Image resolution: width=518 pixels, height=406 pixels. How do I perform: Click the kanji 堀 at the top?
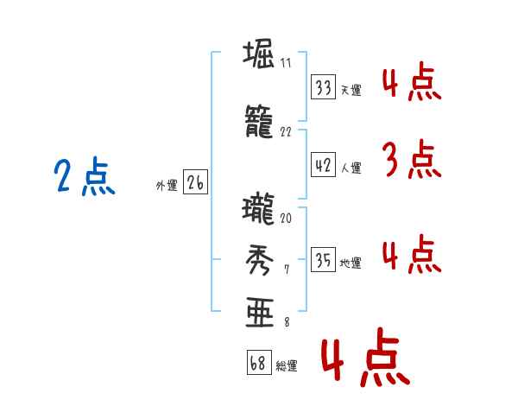[x=258, y=54]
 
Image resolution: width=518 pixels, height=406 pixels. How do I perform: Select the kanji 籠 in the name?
[x=259, y=121]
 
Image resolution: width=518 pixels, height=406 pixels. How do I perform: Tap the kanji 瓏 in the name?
[x=258, y=209]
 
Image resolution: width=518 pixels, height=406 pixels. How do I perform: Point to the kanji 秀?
[x=260, y=260]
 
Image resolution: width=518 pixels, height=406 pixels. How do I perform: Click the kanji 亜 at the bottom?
[x=260, y=312]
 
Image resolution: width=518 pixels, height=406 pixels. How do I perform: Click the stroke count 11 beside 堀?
[x=286, y=63]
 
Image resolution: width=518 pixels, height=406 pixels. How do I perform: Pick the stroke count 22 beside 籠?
[x=286, y=132]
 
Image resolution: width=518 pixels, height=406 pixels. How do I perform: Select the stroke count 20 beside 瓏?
[x=286, y=219]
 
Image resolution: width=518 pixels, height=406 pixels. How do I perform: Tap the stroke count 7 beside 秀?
[x=287, y=270]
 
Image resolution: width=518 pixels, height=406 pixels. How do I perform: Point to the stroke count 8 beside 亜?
[x=287, y=321]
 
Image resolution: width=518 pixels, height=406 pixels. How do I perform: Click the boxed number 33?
[x=324, y=87]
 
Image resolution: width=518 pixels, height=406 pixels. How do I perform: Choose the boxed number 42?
[x=324, y=165]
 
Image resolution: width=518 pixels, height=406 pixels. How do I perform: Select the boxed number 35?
[x=324, y=259]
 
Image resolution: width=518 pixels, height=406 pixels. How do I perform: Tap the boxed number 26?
[x=196, y=182]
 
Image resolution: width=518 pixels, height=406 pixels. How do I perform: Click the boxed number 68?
[x=259, y=363]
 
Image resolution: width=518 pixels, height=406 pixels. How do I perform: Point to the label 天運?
[x=351, y=90]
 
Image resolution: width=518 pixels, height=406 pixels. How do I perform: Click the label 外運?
[x=167, y=186]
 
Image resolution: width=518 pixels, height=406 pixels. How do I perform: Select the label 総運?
[x=287, y=366]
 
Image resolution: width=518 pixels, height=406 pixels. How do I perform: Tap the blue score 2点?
[x=85, y=175]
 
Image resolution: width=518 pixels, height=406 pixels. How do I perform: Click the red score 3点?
[x=412, y=159]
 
